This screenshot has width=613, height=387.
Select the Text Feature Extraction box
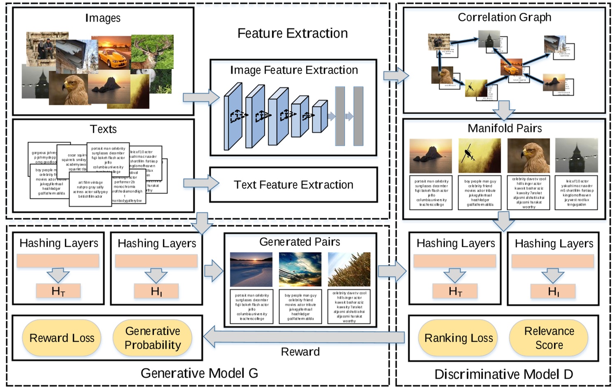[x=294, y=185]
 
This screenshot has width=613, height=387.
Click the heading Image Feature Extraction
[x=294, y=70]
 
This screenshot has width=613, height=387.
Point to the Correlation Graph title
[x=504, y=17]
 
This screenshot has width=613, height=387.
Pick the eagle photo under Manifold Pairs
[x=528, y=155]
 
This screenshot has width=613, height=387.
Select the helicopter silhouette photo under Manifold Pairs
[x=480, y=155]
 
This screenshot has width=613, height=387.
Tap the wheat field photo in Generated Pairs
[x=349, y=269]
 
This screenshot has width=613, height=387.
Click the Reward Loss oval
[x=62, y=338]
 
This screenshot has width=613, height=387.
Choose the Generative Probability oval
[x=153, y=338]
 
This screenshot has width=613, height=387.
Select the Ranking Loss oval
[x=459, y=338]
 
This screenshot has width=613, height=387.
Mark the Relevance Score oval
[x=549, y=338]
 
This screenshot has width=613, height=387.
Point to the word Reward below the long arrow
[x=300, y=352]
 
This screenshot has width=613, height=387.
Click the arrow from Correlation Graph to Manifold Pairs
[x=504, y=110]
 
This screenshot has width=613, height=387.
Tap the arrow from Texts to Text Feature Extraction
[x=201, y=183]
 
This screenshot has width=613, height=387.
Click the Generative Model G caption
[x=199, y=373]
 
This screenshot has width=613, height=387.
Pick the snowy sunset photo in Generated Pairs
[x=251, y=269]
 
